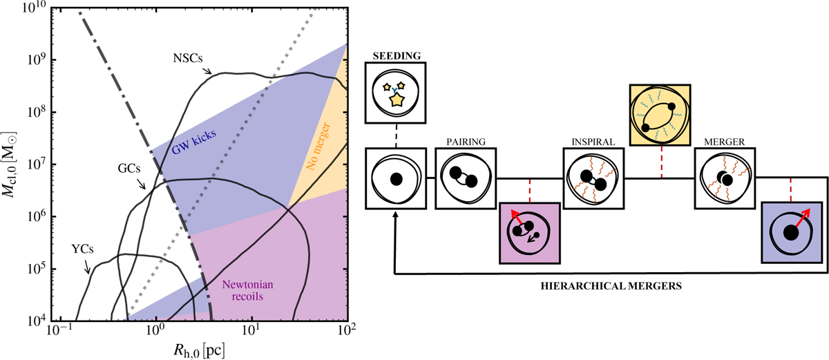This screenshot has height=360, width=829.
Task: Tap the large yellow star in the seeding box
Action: click(396, 101)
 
